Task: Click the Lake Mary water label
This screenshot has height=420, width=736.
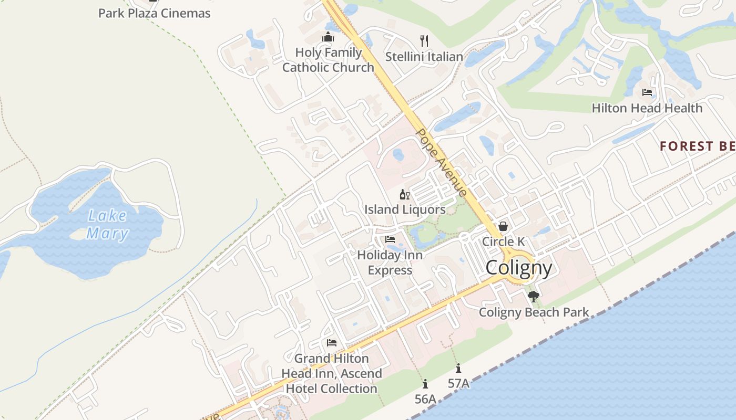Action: (x=107, y=224)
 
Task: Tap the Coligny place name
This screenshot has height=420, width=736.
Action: (x=519, y=268)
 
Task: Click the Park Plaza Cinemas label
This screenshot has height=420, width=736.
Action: (x=154, y=13)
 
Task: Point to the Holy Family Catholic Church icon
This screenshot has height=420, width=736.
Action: (x=328, y=37)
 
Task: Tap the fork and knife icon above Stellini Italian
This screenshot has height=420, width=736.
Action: (x=424, y=40)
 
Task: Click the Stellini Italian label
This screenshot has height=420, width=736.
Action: (x=424, y=57)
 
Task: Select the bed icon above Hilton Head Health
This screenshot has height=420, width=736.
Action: (x=647, y=92)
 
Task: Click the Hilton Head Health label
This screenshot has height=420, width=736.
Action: (x=647, y=108)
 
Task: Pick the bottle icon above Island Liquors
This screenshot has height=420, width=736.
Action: (x=404, y=195)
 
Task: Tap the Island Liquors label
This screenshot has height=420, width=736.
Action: (x=405, y=209)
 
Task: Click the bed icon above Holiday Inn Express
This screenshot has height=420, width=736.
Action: (x=390, y=239)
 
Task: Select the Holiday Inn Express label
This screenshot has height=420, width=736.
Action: (x=390, y=262)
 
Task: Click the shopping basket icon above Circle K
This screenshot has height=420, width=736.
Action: (x=503, y=226)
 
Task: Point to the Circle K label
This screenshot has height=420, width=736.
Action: (x=503, y=241)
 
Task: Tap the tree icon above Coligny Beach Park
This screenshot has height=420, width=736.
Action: (x=534, y=297)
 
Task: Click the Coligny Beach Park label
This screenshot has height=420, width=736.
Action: (x=534, y=312)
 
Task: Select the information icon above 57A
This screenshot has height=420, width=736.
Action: (x=458, y=369)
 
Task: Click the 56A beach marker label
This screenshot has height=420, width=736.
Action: (x=425, y=399)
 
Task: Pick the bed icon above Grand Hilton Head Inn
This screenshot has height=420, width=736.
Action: (x=331, y=343)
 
